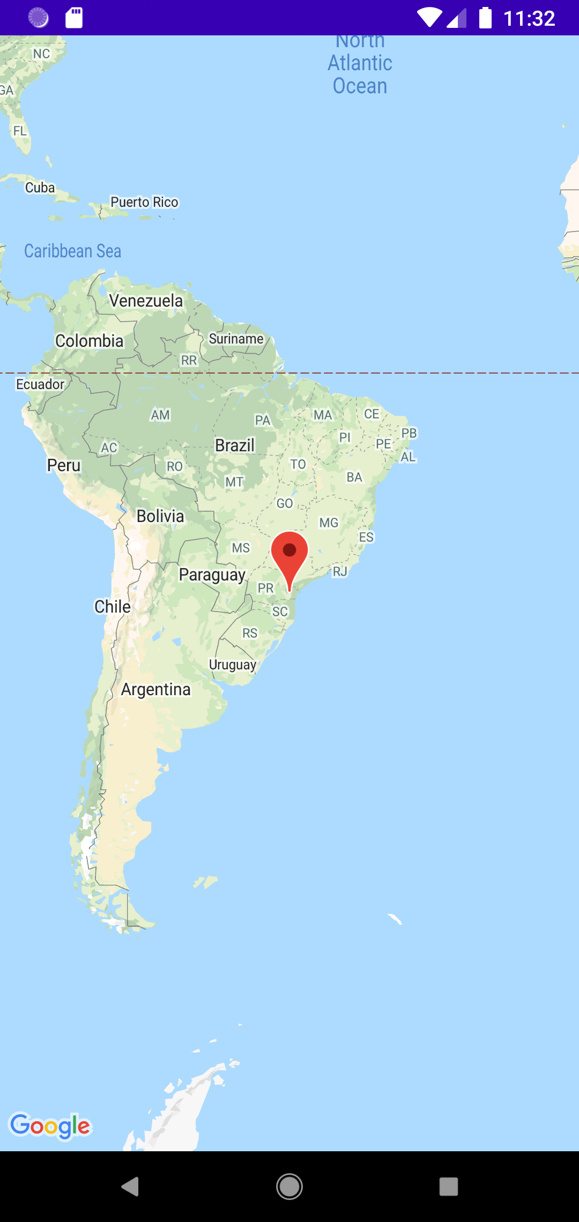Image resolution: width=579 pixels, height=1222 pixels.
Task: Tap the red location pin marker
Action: (289, 552)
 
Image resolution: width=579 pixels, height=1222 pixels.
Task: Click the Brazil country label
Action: (235, 445)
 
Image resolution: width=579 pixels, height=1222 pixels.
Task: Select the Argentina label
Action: (155, 689)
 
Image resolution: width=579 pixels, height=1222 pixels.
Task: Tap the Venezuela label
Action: (146, 301)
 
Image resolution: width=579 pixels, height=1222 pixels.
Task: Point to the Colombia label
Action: (90, 341)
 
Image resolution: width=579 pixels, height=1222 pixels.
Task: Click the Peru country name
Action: (64, 465)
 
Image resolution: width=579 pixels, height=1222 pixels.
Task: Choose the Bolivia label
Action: (160, 516)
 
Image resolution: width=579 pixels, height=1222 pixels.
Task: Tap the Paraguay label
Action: (212, 575)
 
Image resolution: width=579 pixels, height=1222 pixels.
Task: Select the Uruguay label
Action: (233, 665)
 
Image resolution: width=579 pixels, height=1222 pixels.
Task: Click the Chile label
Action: (113, 607)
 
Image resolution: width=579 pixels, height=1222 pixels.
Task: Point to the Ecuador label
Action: (40, 384)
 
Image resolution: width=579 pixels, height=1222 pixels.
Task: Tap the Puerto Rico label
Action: (144, 202)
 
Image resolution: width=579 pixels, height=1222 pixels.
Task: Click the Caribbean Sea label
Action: (73, 251)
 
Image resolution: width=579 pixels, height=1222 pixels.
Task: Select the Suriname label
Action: (236, 339)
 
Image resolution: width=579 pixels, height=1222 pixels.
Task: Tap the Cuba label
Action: (40, 188)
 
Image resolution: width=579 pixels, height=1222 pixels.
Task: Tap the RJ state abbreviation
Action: (340, 571)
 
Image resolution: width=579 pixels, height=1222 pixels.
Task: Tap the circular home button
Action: (289, 1187)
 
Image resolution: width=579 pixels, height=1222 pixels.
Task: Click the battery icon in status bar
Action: (485, 18)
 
